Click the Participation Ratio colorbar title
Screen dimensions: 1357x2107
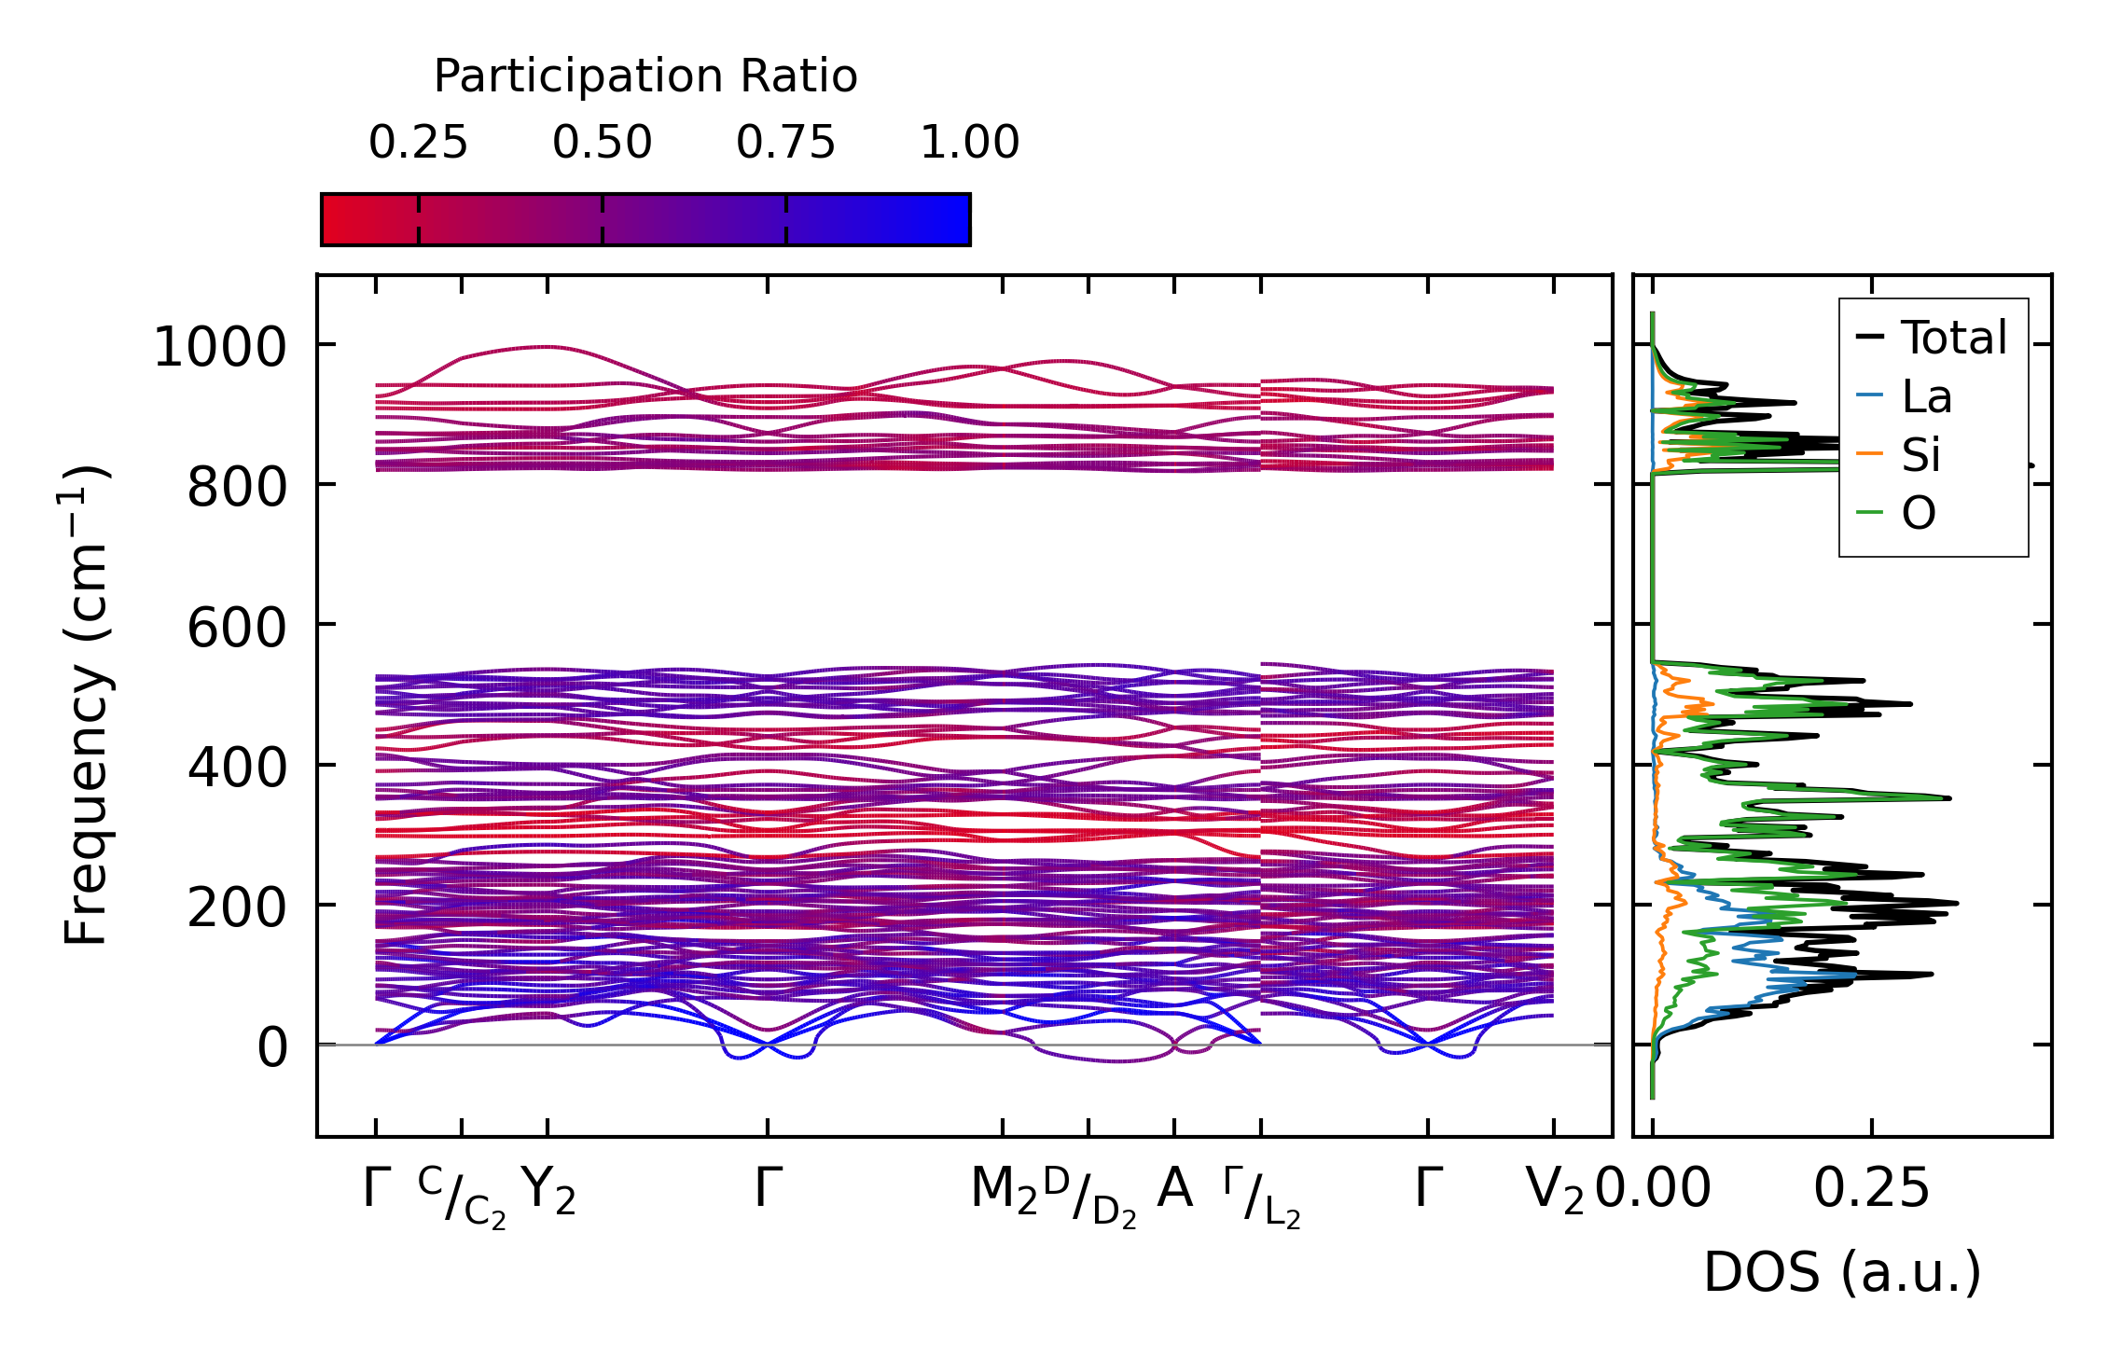645,76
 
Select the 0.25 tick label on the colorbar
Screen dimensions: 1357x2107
418,143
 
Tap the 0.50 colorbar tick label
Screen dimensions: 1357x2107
602,143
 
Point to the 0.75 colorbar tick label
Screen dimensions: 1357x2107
785,143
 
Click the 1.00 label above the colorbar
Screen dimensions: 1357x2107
969,143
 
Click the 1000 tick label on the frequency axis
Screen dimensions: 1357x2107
219,348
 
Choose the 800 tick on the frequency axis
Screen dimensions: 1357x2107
236,488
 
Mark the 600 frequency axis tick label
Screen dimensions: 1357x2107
236,627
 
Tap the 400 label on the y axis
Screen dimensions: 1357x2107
236,769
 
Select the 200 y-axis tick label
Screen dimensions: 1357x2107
236,907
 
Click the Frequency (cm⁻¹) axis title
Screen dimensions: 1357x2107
86,705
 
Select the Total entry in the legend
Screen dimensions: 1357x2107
1953,338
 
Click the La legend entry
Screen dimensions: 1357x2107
1926,396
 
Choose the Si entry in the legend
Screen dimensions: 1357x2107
1920,455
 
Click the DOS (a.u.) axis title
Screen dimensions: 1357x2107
1842,1272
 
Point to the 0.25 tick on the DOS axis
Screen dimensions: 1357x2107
1871,1189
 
